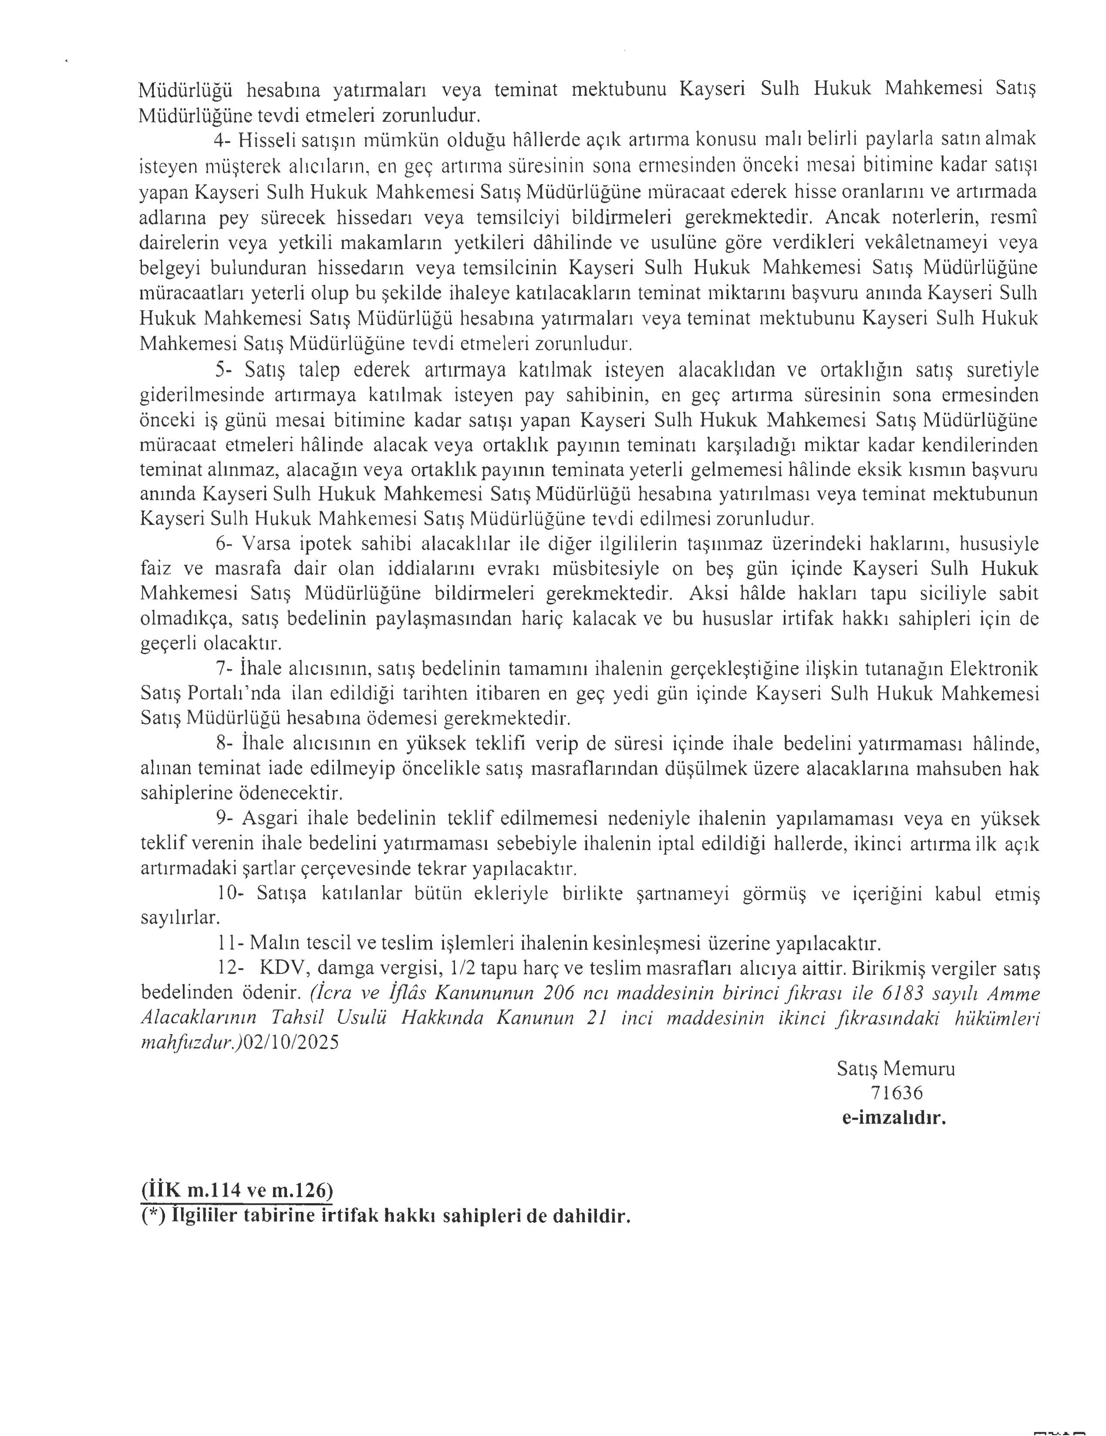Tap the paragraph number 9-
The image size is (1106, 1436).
[x=225, y=819]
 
